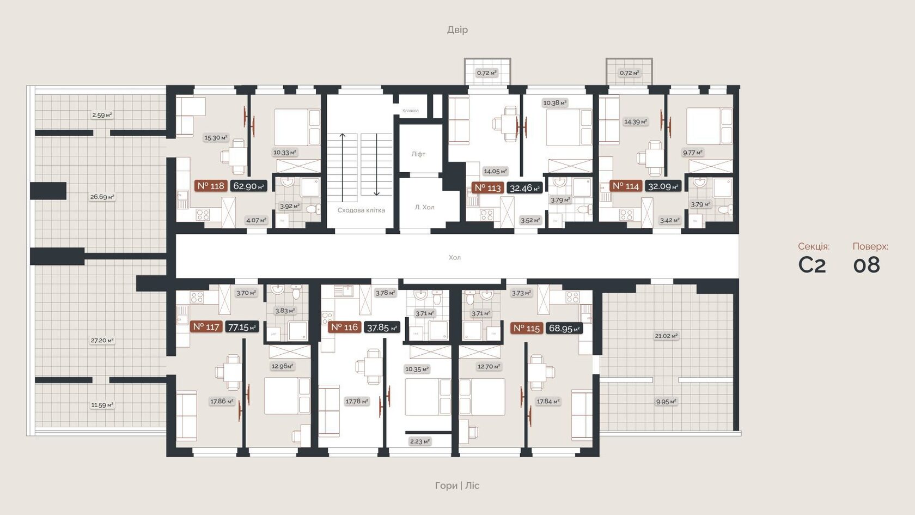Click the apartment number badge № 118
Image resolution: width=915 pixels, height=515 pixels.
coord(210,186)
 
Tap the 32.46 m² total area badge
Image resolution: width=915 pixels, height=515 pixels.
coord(524,188)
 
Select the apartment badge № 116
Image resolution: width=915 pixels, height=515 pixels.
coord(344,327)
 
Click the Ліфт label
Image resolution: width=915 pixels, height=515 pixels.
coord(418,154)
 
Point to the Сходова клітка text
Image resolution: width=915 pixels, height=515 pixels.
coord(361,210)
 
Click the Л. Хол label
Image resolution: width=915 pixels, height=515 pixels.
coord(424,207)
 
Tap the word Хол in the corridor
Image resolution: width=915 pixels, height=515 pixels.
coord(455,257)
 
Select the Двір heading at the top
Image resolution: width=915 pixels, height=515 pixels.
coord(457,29)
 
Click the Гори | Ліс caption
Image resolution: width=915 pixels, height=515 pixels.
coord(457,485)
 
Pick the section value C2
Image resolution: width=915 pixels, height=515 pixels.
coord(812,265)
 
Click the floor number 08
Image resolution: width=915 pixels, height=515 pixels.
coord(867,265)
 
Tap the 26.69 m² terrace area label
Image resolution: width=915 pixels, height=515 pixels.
coord(102,197)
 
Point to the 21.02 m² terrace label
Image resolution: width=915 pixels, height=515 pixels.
coord(666,336)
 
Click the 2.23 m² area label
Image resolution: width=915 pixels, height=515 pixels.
coord(419,441)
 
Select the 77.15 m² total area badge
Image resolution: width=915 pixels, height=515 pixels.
coord(242,327)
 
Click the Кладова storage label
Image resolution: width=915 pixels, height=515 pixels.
coord(411,111)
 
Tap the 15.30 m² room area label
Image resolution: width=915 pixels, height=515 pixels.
coord(216,138)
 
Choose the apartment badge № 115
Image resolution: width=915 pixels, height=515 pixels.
coord(527,328)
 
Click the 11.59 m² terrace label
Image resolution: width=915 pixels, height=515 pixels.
coord(102,405)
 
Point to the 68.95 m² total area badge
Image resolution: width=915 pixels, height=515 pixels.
coord(564,328)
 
